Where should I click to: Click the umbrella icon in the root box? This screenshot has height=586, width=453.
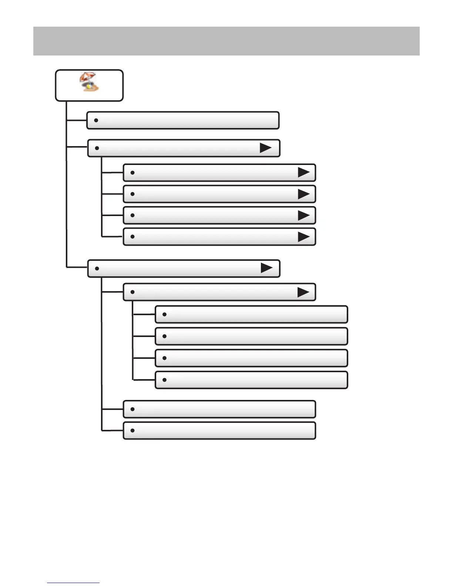coord(89,82)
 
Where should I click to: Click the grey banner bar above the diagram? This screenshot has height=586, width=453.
coord(226,41)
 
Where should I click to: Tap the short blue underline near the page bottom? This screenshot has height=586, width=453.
coord(73,583)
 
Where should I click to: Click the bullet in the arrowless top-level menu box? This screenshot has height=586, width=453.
coord(96,120)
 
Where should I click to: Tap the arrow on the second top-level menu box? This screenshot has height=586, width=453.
coord(266,148)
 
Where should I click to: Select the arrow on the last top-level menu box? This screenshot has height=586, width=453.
coord(266,268)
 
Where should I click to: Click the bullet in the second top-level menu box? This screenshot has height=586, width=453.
coord(97,148)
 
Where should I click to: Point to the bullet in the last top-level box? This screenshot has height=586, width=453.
coord(97,268)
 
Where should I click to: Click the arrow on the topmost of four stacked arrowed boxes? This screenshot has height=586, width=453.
coord(303,172)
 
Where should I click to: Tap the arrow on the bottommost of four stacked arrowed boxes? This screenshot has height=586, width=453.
coord(303,237)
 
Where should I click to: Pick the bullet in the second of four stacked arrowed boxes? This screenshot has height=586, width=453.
coord(132,194)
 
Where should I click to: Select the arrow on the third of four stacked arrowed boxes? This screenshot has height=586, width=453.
coord(303,215)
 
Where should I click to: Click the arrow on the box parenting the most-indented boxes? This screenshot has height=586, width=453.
coord(303,292)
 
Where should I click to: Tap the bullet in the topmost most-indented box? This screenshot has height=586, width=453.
coord(164,314)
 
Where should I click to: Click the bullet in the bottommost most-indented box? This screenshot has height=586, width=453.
coord(164,380)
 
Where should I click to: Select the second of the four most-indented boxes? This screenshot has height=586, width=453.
coord(251,336)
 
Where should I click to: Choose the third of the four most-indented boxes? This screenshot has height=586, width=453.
coord(251,358)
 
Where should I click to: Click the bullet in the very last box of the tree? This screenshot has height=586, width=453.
coord(132,431)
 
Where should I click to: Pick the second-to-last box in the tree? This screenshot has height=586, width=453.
coord(219,409)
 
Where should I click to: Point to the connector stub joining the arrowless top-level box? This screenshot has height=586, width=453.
coord(77,120)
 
